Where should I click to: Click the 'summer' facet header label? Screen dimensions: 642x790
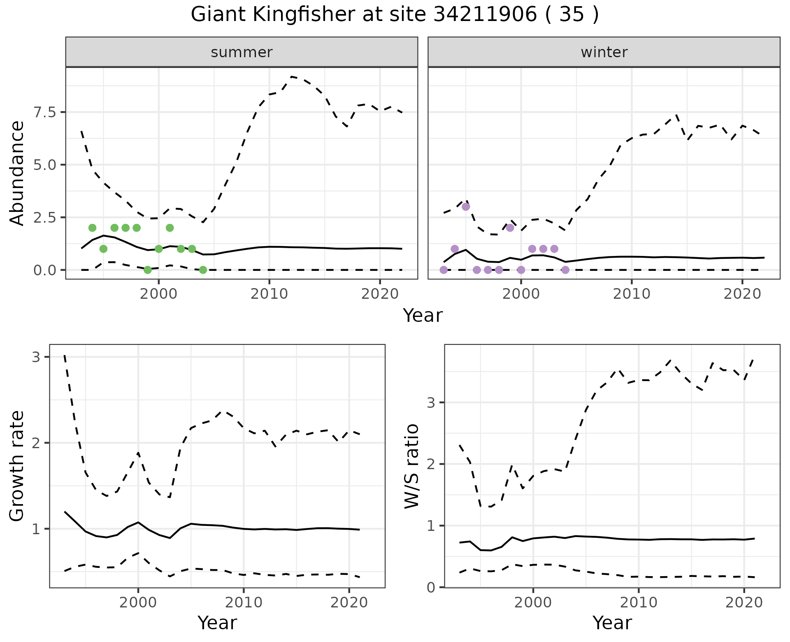tap(242, 52)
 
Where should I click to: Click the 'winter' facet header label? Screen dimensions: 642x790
tap(604, 52)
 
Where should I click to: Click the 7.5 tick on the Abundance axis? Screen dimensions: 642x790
tap(47, 112)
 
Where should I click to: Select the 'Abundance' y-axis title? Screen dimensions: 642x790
tap(17, 173)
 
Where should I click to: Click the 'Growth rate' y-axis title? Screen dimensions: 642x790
tap(17, 466)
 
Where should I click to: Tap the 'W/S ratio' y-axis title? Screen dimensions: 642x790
tap(412, 466)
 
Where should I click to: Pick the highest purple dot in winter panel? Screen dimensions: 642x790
tap(466, 207)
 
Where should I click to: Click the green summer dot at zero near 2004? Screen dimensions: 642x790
tap(203, 270)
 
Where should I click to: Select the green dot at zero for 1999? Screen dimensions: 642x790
tap(148, 270)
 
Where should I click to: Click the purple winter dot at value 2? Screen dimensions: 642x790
tap(510, 228)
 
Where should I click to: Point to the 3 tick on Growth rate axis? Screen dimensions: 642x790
tap(36, 357)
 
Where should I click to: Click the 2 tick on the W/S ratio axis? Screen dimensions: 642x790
tap(431, 464)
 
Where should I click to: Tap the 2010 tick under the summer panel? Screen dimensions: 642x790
tap(269, 294)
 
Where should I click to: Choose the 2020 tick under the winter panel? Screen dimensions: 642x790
tap(742, 294)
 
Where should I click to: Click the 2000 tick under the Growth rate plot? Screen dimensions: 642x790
tap(138, 603)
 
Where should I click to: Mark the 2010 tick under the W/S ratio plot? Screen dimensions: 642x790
tap(639, 603)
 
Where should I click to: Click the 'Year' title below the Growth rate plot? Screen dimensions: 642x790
tap(217, 623)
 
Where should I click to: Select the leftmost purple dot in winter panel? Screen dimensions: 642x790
tap(444, 270)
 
